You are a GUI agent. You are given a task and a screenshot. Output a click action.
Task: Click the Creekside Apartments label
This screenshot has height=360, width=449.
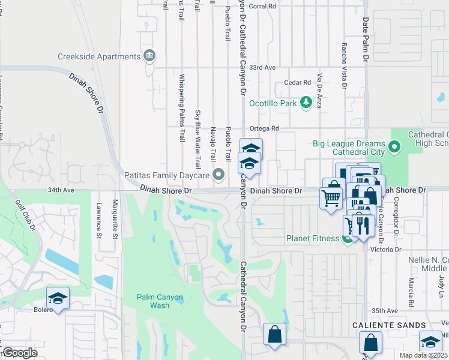[99, 56]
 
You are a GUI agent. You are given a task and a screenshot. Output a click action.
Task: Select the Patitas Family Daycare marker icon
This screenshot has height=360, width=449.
[219, 175]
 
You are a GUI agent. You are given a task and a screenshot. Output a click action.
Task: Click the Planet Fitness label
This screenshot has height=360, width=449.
[312, 239]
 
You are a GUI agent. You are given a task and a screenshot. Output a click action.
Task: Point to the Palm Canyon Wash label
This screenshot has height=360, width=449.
[159, 300]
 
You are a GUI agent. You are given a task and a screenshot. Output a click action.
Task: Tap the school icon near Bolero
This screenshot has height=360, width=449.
[58, 299]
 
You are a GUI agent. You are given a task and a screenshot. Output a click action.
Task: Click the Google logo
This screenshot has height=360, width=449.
[19, 353]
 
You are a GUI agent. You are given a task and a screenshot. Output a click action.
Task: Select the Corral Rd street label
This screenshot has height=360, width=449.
[262, 6]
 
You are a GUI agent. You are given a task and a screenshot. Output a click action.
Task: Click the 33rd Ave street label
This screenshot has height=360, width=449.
[262, 67]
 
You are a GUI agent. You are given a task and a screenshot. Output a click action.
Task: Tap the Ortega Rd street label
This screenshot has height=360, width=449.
[265, 128]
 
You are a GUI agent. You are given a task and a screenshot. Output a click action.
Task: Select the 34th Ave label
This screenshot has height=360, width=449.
[61, 190]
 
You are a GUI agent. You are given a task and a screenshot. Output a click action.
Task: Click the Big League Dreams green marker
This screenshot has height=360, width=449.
[394, 146]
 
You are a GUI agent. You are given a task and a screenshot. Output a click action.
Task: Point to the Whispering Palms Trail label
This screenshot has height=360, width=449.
[181, 108]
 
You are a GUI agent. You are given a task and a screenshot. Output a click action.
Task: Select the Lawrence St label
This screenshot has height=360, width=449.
[98, 220]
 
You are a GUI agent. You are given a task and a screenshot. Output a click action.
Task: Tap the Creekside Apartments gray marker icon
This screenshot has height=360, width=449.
[149, 56]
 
